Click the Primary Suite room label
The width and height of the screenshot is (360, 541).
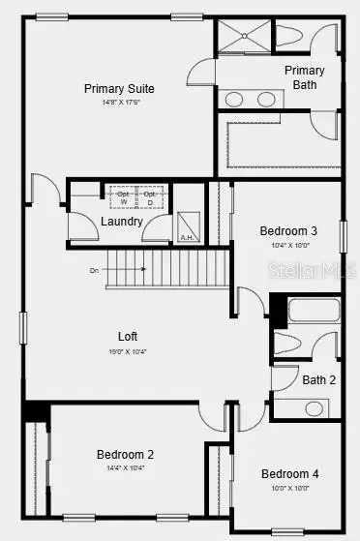click(119, 88)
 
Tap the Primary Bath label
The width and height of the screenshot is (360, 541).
click(304, 77)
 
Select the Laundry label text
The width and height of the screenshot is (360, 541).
click(122, 222)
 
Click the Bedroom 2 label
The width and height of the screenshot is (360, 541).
click(125, 454)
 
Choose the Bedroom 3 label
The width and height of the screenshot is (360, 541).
click(288, 231)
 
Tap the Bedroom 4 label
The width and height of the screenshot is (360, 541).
click(289, 473)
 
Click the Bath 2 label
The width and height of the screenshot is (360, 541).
click(318, 380)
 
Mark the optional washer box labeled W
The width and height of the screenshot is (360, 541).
click(123, 197)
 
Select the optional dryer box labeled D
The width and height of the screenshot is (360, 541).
click(150, 197)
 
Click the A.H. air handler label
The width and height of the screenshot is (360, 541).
click(187, 237)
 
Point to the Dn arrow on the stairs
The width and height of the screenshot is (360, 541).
click(96, 270)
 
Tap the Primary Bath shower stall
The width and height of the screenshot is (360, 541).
click(243, 37)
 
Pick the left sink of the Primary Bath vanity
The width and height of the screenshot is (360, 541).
click(234, 99)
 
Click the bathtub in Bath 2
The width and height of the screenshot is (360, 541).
click(313, 312)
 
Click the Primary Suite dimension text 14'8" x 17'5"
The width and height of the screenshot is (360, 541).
click(119, 102)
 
